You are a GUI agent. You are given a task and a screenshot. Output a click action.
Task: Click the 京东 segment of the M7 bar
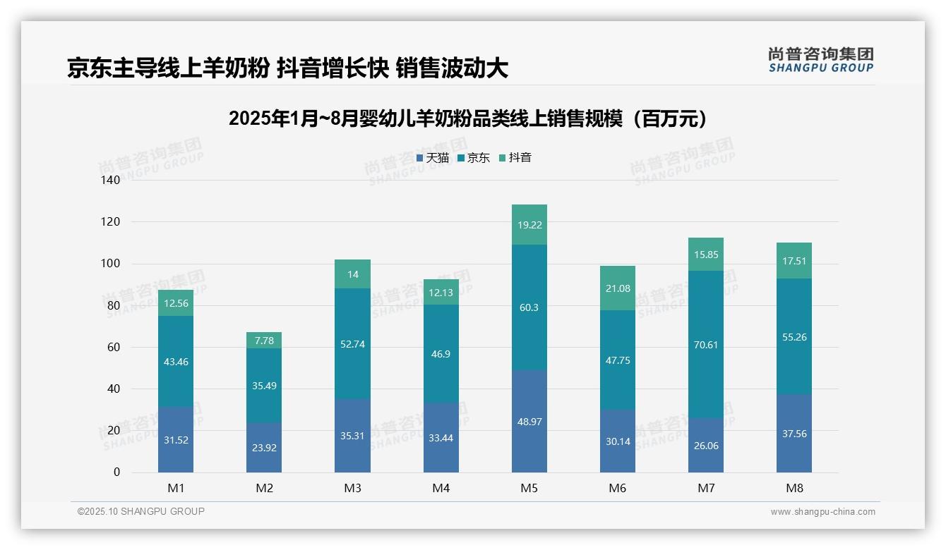click(705, 345)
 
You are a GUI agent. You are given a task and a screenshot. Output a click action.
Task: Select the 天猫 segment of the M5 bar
click(529, 421)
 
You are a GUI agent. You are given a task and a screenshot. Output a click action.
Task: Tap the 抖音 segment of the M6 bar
click(617, 288)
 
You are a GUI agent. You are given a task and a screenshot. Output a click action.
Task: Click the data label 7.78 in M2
click(264, 341)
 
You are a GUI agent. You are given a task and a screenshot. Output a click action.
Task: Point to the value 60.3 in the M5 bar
click(529, 307)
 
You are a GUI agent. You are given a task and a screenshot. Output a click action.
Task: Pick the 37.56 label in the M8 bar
click(794, 434)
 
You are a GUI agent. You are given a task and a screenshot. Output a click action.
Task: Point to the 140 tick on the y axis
click(111, 181)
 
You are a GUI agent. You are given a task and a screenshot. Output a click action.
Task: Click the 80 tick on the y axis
click(114, 306)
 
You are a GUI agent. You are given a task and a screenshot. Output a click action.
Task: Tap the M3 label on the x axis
click(352, 489)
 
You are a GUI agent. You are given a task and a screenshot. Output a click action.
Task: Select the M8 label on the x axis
click(794, 489)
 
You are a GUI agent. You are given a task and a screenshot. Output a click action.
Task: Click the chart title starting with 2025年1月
click(468, 118)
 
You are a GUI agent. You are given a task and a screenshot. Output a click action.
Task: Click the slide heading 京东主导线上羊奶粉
click(287, 68)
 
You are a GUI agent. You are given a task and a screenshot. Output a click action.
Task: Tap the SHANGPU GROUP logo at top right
click(820, 60)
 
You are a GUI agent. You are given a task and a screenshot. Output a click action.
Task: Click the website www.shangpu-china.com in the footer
click(822, 512)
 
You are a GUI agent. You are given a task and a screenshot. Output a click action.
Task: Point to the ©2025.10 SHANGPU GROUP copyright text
click(141, 512)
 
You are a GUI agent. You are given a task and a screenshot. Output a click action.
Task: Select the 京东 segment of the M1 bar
click(176, 361)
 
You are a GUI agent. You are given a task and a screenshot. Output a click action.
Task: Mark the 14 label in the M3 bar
click(352, 274)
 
